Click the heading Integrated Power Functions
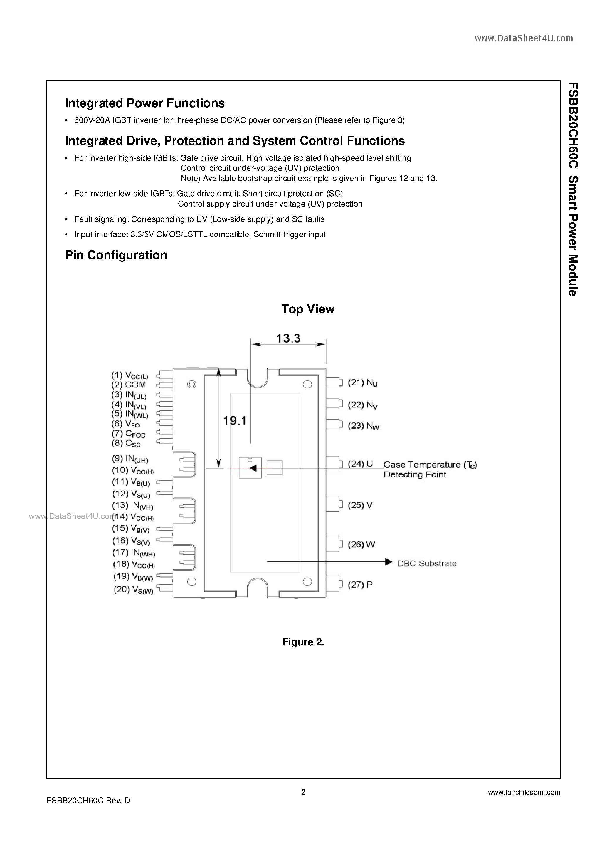tap(145, 103)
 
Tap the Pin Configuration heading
tap(116, 255)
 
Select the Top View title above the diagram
tap(307, 309)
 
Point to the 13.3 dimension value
tap(288, 339)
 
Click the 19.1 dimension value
tap(235, 421)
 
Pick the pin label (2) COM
tap(128, 385)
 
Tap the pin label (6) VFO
tap(126, 424)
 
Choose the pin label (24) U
tap(360, 464)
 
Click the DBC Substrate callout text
tap(426, 563)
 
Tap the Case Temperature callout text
tap(430, 469)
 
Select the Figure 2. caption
tap(303, 642)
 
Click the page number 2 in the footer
tap(303, 792)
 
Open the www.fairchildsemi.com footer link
tap(524, 792)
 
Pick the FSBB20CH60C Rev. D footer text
tap(88, 801)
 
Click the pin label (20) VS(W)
tap(133, 590)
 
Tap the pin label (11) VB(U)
tap(131, 482)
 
